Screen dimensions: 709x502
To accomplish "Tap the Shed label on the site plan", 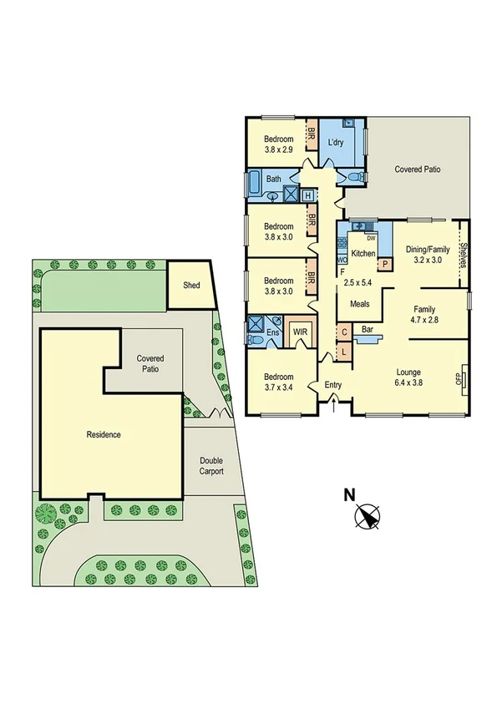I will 191,286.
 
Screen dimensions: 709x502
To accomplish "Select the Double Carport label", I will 210,465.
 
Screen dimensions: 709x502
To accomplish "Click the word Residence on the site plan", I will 104,434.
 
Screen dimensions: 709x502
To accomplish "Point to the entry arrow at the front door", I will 335,406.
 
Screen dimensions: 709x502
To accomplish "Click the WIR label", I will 300,332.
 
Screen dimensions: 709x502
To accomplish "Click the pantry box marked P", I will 385,265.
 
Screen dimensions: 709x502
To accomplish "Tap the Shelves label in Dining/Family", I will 461,253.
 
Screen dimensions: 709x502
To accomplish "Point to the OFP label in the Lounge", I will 458,378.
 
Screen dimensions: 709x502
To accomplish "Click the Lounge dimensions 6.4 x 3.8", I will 408,383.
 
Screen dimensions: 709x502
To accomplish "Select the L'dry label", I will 336,142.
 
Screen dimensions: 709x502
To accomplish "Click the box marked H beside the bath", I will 307,195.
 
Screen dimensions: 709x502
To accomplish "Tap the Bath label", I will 273,179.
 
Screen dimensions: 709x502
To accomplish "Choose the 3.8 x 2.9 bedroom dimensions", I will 278,150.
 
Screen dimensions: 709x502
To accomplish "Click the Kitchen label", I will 363,253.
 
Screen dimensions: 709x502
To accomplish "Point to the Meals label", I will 360,304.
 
